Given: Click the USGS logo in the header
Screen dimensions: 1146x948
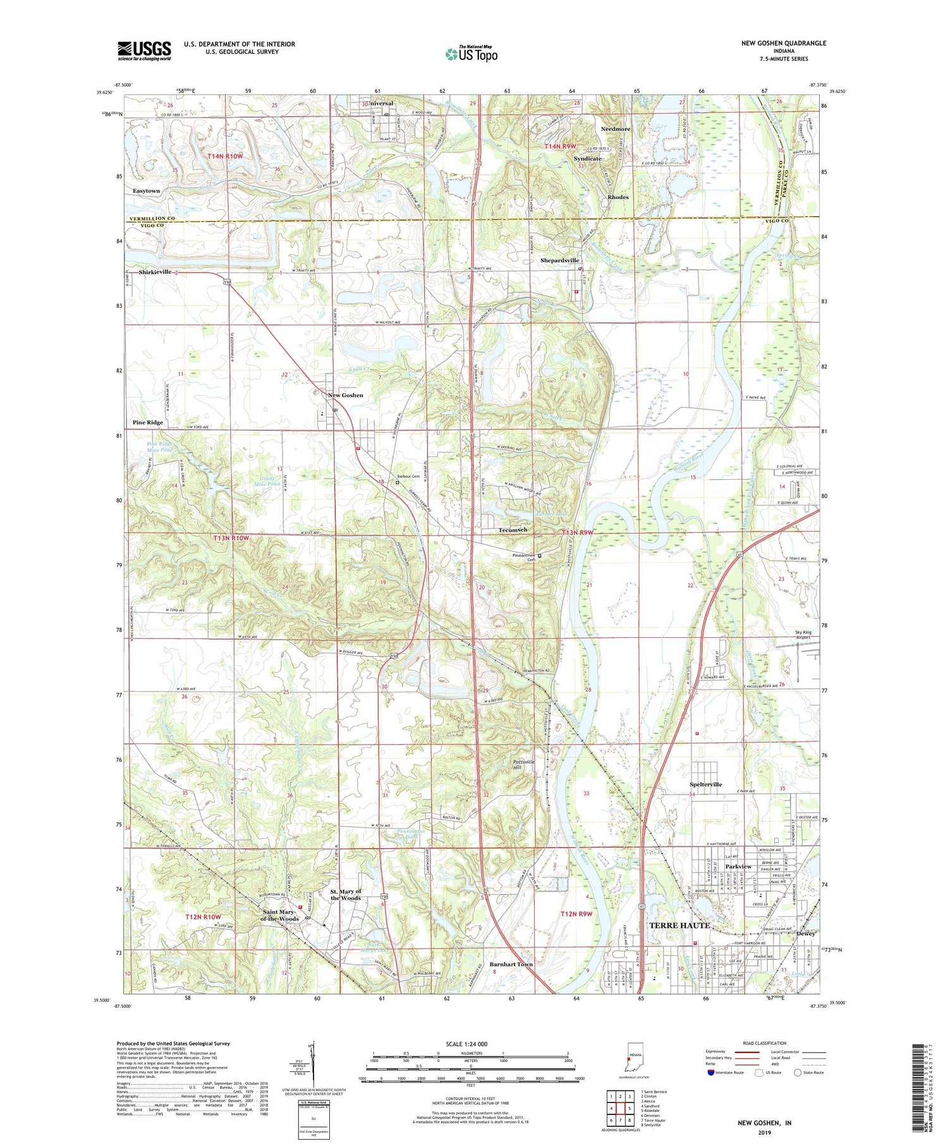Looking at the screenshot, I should coord(144,51).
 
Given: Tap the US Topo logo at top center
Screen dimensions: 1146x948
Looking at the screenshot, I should coord(471,54).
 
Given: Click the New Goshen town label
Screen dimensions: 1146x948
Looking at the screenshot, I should coord(345,395).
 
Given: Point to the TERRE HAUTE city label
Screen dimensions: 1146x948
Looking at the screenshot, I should coord(679,925).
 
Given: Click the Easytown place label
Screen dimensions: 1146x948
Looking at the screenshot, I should coord(146,191).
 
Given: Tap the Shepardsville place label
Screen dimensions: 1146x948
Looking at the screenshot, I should coord(559,260).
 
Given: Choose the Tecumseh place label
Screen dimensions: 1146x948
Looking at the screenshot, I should coord(513,530).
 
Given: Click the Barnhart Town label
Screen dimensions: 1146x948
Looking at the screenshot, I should coord(511,965).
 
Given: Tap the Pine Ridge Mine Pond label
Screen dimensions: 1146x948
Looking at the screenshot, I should coord(159,447).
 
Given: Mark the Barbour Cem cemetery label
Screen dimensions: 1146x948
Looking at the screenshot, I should coord(408,476).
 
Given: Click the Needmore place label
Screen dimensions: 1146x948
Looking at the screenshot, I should coord(615,129).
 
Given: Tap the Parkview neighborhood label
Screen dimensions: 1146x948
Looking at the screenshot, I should coord(738,867).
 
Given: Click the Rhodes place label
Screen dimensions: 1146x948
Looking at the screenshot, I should coord(617,197).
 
